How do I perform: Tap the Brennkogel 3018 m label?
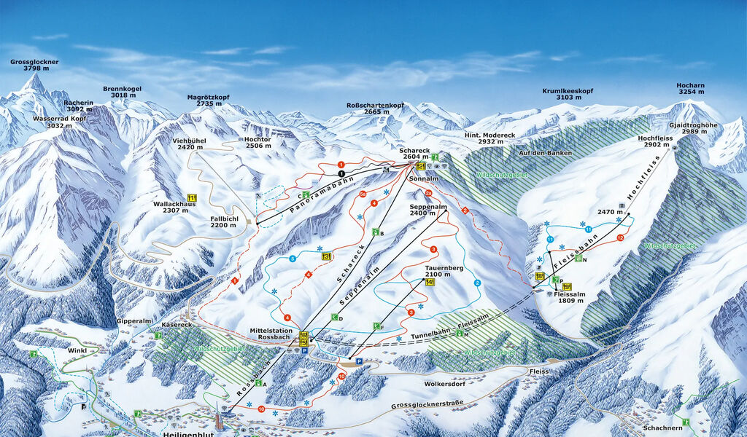point(122,92)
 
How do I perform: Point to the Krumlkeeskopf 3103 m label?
point(568,95)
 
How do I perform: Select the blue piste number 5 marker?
point(293,259)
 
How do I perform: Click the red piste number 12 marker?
point(620,238)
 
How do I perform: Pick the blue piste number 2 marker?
point(478,283)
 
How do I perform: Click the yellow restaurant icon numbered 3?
point(326,256)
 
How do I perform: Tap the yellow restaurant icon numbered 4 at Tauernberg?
point(430,282)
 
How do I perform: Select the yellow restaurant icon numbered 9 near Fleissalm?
point(566,286)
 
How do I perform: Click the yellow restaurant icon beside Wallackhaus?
point(193,197)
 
